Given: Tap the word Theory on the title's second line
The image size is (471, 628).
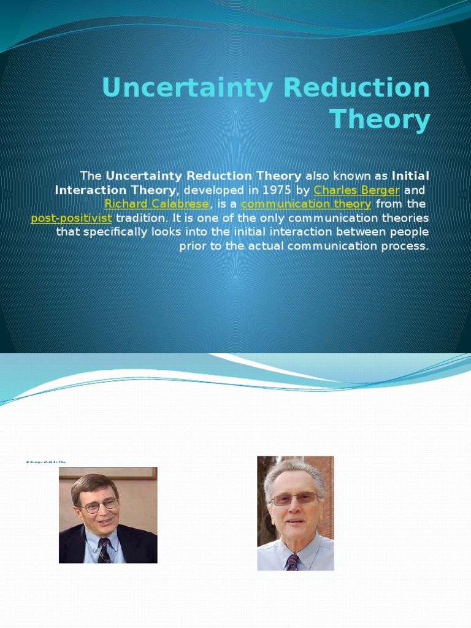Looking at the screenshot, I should coord(380,119).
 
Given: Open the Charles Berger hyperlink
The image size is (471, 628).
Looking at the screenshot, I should coord(356,190).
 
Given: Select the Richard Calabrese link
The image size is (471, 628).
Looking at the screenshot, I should coord(157,204).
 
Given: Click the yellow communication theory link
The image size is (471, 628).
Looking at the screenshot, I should coord(306,204).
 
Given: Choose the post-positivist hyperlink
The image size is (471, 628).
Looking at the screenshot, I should coord(71,218).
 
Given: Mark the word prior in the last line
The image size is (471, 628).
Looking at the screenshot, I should coord(194,247).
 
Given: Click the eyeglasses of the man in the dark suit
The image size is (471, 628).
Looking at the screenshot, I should coord(99,505).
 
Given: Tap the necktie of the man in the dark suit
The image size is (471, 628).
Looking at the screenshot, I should coord(104,550).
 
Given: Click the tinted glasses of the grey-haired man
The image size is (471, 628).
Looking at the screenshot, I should coord(294,499).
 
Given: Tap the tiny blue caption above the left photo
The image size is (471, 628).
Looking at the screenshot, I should coord(46,462).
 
